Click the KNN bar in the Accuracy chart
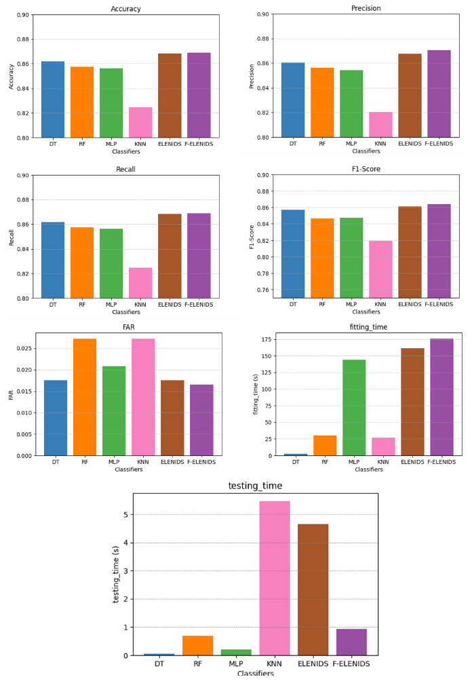click(140, 123)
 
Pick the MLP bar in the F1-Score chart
click(351, 258)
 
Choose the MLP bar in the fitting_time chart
click(354, 407)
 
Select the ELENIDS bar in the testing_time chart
click(313, 590)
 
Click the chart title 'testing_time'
click(255, 486)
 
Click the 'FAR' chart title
click(128, 327)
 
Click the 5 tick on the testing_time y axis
click(125, 514)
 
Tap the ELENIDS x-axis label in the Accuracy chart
click(170, 144)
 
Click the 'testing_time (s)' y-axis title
click(117, 575)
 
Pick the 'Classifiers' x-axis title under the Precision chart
click(366, 151)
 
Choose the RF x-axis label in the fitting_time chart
click(324, 462)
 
